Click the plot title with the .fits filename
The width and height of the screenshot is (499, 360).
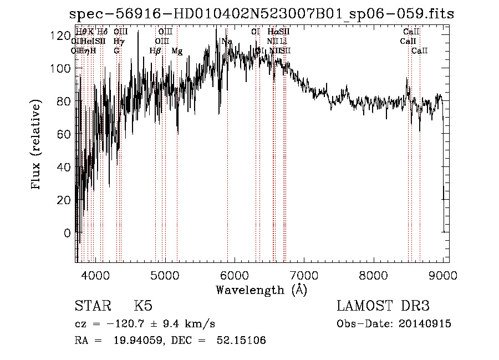[261, 14]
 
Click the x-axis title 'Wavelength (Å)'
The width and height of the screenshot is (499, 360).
[261, 289]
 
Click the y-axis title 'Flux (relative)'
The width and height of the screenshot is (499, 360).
[37, 145]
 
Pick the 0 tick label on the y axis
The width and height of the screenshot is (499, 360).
[67, 233]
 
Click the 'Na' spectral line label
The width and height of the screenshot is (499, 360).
[226, 42]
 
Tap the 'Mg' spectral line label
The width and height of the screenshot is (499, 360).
[177, 51]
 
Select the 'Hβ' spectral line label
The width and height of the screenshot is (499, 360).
[155, 51]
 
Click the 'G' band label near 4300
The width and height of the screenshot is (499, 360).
[116, 51]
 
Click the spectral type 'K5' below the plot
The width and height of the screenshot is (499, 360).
[143, 306]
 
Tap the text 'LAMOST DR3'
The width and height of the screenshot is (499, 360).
[383, 306]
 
